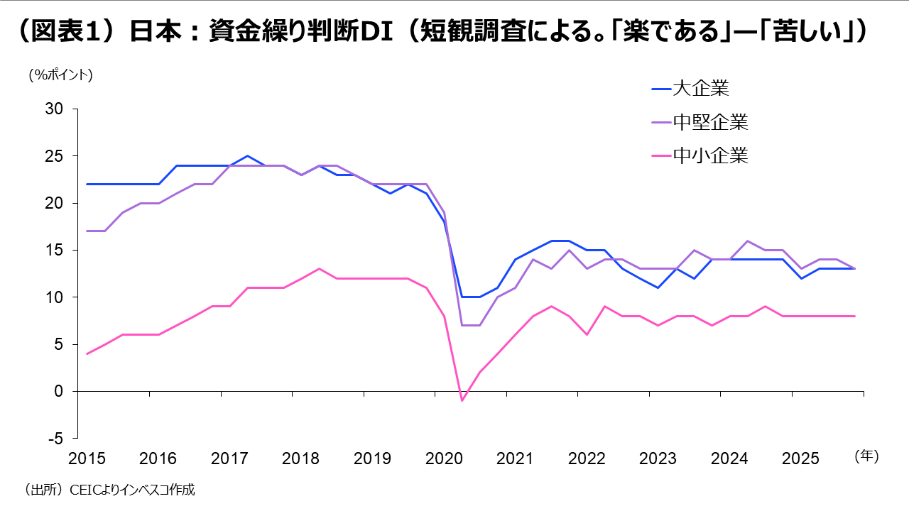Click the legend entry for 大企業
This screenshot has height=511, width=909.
[x=700, y=89]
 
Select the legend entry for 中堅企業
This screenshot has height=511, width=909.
[x=710, y=122]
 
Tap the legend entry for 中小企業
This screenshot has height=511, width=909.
[x=710, y=155]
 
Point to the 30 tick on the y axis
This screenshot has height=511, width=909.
[x=55, y=109]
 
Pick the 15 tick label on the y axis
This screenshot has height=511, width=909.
[x=55, y=251]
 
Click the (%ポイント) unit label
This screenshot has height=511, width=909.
[x=60, y=75]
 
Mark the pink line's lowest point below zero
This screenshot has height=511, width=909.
[x=462, y=400]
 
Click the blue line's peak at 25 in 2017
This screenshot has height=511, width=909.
[x=247, y=155]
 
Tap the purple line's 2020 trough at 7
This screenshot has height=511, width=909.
[x=471, y=325]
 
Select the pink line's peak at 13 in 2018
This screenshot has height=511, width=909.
[x=319, y=268]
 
